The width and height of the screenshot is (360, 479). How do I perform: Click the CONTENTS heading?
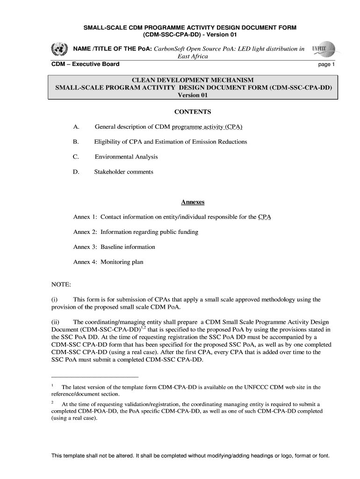click(193, 112)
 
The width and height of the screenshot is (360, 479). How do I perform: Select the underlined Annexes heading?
click(193, 202)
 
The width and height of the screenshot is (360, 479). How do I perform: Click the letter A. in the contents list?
click(76, 127)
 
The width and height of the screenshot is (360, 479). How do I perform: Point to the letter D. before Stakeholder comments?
click(76, 172)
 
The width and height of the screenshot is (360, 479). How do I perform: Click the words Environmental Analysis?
click(126, 157)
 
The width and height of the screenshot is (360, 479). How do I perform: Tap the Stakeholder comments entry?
click(124, 172)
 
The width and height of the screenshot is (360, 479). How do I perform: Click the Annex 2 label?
click(85, 232)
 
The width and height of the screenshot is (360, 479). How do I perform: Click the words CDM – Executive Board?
click(85, 64)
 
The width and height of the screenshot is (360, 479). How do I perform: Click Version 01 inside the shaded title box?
click(193, 95)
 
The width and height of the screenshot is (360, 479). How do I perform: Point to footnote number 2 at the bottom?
click(52, 402)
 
